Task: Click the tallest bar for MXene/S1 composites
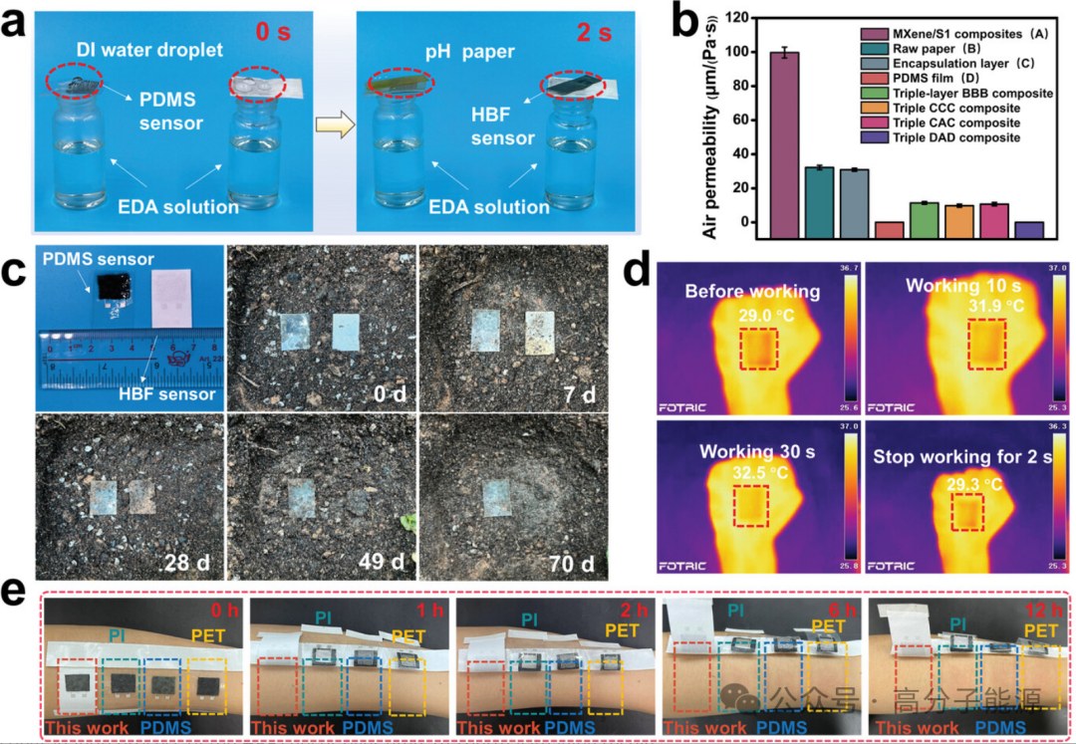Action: [784, 138]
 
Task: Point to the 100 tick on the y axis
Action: [736, 52]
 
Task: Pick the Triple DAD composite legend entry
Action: [953, 137]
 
